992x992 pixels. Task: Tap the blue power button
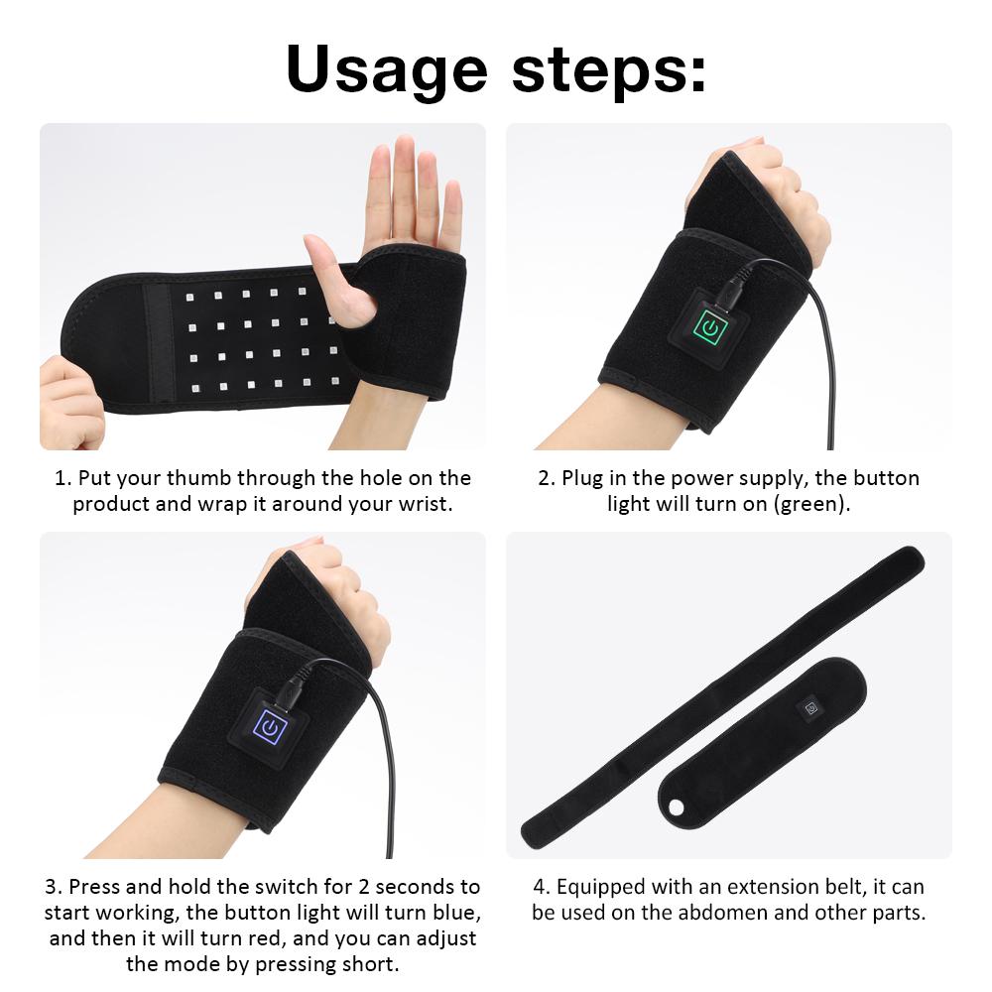click(269, 729)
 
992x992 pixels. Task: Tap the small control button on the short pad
click(812, 709)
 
